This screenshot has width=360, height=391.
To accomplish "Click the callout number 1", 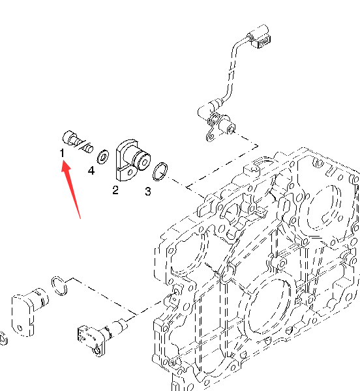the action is (x=62, y=153).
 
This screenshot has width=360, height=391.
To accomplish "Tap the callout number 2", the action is (x=115, y=190).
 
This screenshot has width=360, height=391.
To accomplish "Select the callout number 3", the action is (x=148, y=192).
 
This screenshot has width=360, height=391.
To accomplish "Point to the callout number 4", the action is (x=91, y=171).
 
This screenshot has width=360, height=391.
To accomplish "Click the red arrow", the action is (x=71, y=190).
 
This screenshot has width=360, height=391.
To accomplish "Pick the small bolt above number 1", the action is (x=78, y=141).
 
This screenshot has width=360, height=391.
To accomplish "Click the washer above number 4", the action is (x=103, y=157).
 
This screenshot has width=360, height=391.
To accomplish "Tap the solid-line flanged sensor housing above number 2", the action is (x=133, y=160).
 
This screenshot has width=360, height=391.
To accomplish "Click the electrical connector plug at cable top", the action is (x=260, y=36).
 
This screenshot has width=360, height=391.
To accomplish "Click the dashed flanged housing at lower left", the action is (x=29, y=311).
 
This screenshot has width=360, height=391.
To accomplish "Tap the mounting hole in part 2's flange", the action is (x=130, y=172).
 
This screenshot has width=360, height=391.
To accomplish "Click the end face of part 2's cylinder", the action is (x=144, y=162).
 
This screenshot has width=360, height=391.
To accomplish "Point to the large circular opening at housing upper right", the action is (x=324, y=207).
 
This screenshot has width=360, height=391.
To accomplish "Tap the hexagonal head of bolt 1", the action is (x=68, y=137).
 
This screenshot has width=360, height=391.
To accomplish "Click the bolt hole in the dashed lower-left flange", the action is (x=20, y=328).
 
